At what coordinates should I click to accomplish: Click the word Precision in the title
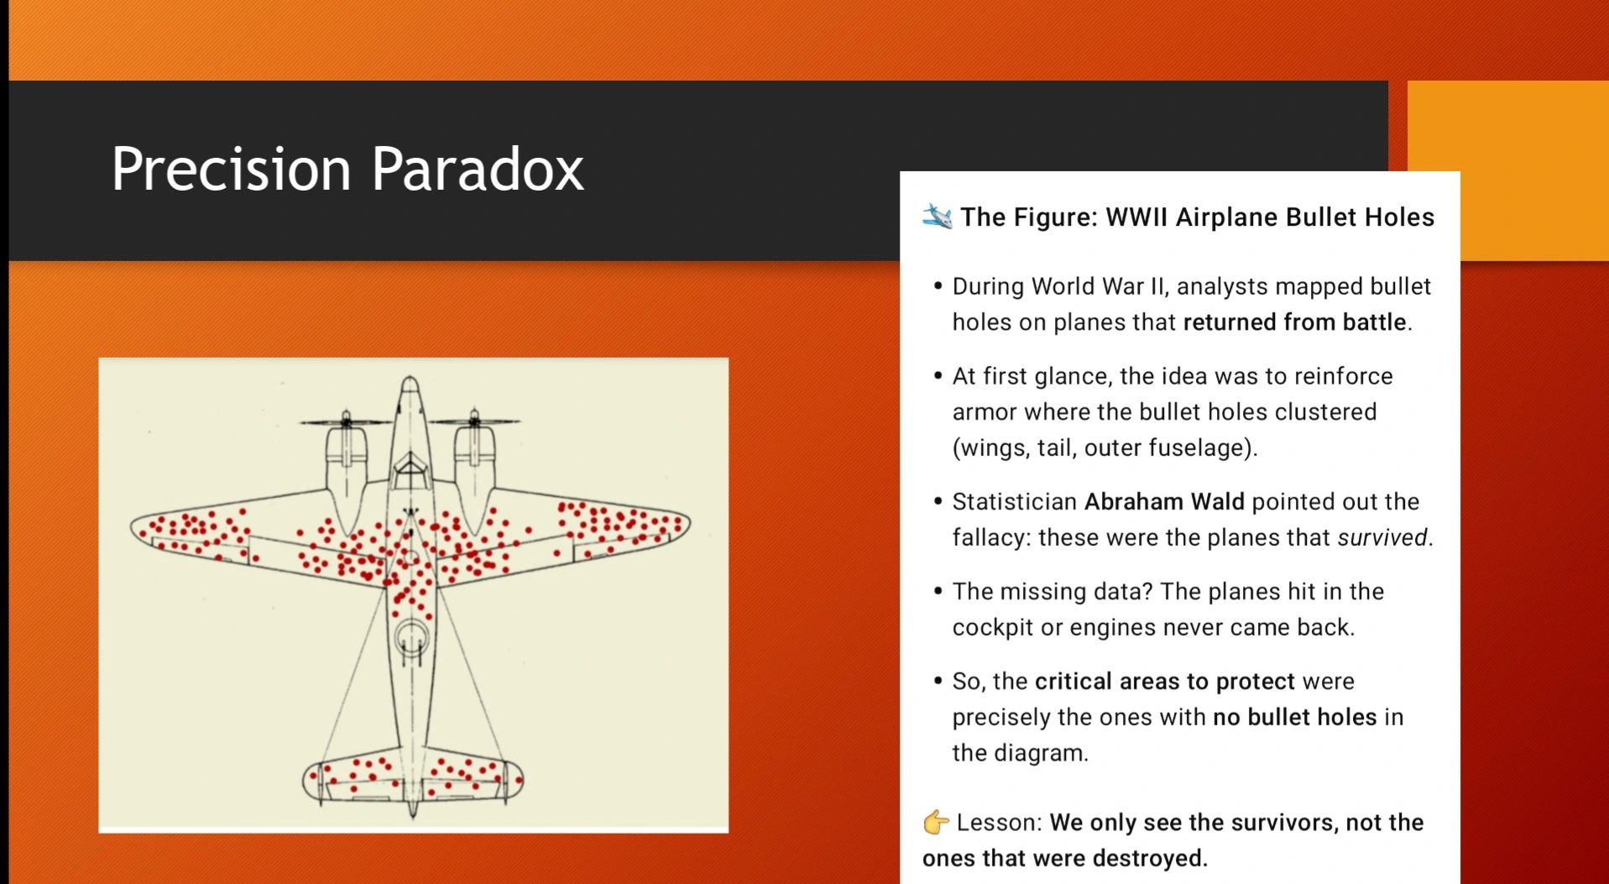[231, 169]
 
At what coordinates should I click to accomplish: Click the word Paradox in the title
[478, 169]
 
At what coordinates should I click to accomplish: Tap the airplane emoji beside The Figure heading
[937, 217]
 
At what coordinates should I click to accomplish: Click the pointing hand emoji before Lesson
[936, 822]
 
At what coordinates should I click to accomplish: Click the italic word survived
[1382, 537]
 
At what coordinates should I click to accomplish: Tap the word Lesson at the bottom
[996, 822]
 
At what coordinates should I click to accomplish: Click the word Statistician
[1014, 501]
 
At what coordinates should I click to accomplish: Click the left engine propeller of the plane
[347, 421]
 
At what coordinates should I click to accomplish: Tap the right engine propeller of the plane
[474, 420]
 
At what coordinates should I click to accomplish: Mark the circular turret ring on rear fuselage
[411, 638]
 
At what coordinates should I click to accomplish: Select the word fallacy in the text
[990, 537]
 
